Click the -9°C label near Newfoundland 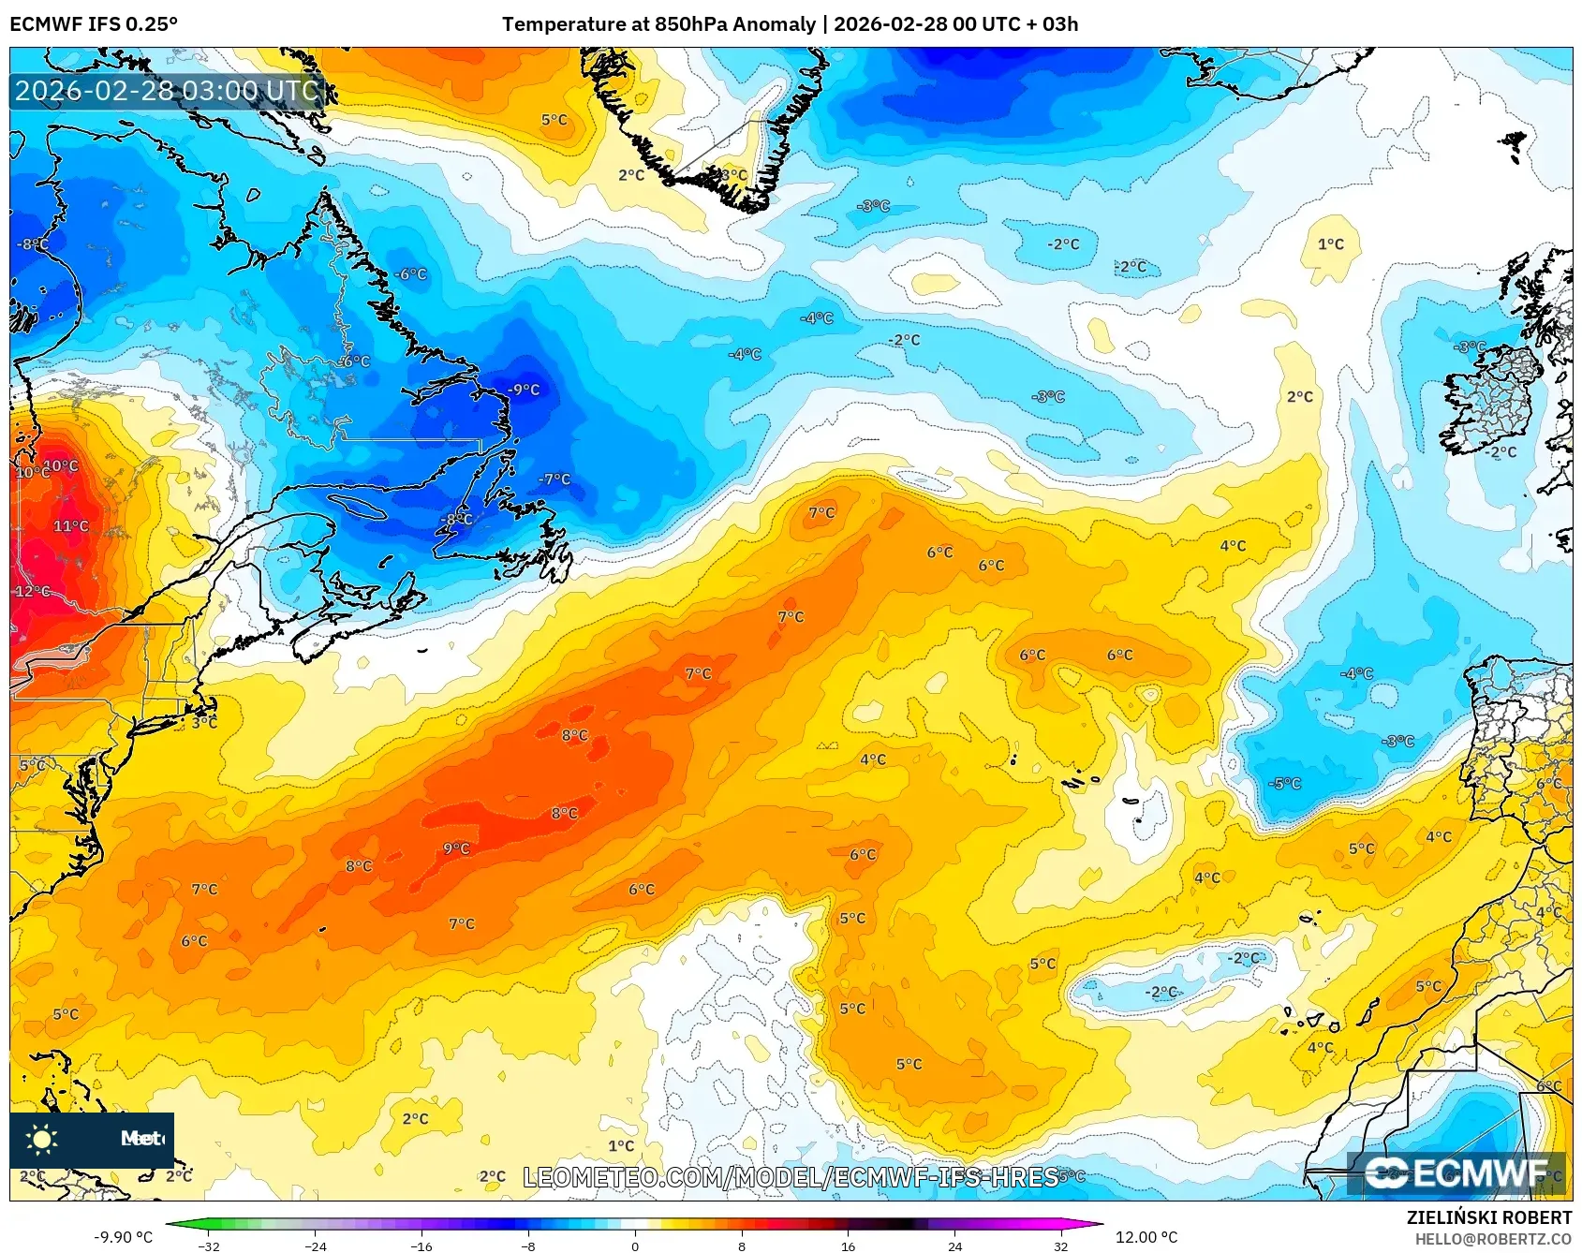[525, 390]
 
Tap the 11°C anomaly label [71, 526]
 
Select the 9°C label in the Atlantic [456, 848]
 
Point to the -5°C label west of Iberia [1284, 783]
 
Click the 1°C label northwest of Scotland [1330, 244]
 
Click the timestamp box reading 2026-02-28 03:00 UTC [167, 91]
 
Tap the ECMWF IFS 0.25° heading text [94, 24]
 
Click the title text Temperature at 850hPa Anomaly [658, 24]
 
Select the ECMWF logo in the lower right [1456, 1172]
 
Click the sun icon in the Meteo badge [41, 1139]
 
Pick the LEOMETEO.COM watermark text [791, 1177]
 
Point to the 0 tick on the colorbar [635, 1246]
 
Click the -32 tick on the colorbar [210, 1246]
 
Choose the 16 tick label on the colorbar [848, 1246]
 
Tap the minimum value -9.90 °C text [123, 1237]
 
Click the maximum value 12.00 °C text [1146, 1237]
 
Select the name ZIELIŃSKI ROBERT [1489, 1217]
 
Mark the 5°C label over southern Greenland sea [554, 120]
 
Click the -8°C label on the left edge [32, 244]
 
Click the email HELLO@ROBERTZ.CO [1493, 1239]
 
